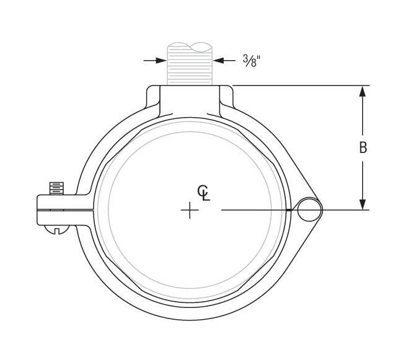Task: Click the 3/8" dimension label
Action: [x=251, y=60]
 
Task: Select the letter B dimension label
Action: [x=363, y=147]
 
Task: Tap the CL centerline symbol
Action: [x=203, y=193]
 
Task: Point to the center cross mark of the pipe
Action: [x=189, y=211]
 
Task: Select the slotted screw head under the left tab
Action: [x=56, y=230]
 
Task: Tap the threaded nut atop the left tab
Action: [x=56, y=187]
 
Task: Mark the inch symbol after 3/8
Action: [x=259, y=57]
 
